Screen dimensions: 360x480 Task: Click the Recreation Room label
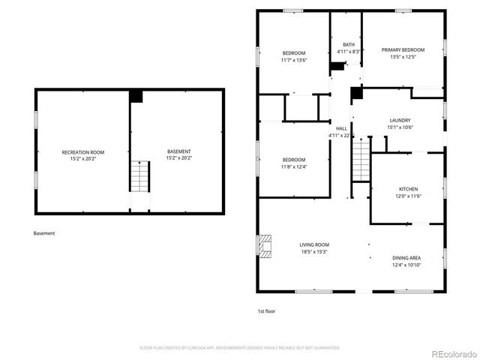pyautogui.click(x=82, y=152)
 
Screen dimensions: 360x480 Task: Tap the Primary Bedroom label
pyautogui.click(x=403, y=50)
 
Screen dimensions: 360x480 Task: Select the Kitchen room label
pyautogui.click(x=408, y=189)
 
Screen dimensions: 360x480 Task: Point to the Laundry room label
pyautogui.click(x=399, y=121)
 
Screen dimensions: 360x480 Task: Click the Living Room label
pyautogui.click(x=314, y=244)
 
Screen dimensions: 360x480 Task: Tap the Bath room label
pyautogui.click(x=348, y=44)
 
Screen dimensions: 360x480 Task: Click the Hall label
pyautogui.click(x=341, y=129)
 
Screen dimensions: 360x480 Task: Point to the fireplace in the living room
pyautogui.click(x=265, y=246)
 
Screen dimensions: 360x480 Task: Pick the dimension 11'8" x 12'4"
pyautogui.click(x=293, y=166)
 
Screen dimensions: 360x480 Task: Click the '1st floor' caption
pyautogui.click(x=266, y=310)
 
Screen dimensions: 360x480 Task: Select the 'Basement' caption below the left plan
pyautogui.click(x=44, y=233)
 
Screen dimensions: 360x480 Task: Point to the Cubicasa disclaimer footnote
pyautogui.click(x=240, y=348)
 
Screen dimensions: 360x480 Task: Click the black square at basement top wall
pyautogui.click(x=136, y=96)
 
